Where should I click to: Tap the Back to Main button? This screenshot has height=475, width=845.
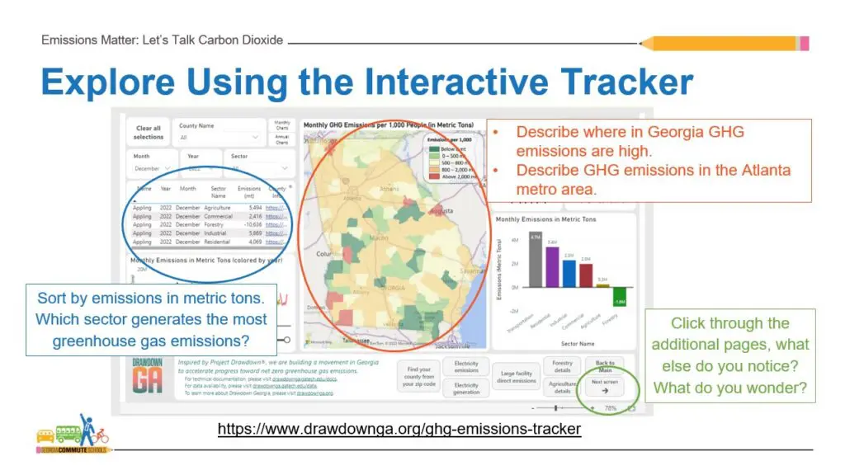606,366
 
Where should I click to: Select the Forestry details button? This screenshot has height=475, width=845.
562,366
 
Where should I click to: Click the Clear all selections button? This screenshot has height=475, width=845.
149,133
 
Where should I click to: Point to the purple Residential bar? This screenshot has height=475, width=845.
552,266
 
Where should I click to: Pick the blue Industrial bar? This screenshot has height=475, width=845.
569,273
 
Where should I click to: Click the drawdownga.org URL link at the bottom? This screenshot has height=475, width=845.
399,429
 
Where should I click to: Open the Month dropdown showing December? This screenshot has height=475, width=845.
153,168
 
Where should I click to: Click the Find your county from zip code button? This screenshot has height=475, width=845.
419,377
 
